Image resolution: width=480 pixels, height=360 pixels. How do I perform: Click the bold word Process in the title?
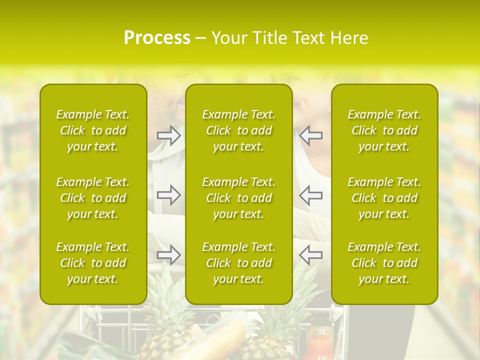[157, 38]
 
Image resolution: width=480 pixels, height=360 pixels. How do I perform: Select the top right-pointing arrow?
[168, 135]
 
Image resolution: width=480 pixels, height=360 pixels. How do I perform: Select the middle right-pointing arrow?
[168, 195]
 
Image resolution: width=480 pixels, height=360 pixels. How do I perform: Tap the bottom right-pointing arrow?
[168, 255]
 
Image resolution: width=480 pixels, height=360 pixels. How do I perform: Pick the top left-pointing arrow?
[310, 135]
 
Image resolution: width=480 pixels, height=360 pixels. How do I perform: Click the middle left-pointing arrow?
[310, 195]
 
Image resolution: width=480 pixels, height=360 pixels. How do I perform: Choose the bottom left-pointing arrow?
[310, 255]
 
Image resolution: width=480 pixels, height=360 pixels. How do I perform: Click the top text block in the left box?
[93, 130]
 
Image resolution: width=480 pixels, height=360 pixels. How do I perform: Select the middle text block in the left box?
[93, 198]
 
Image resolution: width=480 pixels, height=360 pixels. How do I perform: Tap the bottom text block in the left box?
[93, 263]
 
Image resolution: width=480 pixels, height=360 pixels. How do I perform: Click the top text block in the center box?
[239, 130]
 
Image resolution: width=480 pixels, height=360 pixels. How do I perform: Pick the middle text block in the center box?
[239, 198]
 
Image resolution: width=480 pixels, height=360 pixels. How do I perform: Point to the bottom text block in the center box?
[239, 263]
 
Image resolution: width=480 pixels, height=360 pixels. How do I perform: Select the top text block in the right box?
[384, 130]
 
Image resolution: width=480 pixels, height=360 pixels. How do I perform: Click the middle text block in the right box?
[384, 198]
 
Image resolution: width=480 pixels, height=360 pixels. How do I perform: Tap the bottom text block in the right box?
[384, 263]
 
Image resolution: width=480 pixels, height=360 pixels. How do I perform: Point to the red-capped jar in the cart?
[319, 342]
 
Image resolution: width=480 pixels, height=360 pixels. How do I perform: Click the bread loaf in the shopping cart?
[220, 340]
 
